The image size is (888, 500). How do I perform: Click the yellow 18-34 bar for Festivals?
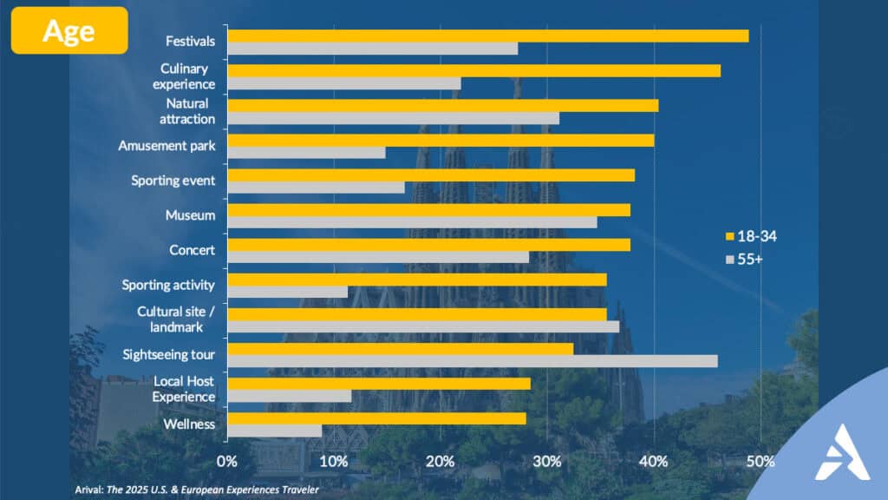(x=487, y=36)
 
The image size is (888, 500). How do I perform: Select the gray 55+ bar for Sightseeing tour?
(x=473, y=361)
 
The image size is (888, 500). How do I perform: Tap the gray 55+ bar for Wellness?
(x=275, y=431)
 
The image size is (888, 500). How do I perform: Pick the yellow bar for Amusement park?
(x=441, y=140)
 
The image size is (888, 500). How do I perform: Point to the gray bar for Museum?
(x=413, y=222)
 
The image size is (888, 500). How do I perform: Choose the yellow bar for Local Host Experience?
(x=379, y=383)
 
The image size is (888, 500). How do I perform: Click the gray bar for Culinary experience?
(x=344, y=83)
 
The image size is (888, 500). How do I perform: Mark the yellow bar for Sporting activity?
(x=417, y=279)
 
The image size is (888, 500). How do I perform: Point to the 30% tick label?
(x=546, y=461)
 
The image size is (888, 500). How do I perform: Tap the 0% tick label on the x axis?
(x=227, y=461)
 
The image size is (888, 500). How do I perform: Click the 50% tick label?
(x=761, y=461)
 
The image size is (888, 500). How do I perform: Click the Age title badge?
(x=69, y=30)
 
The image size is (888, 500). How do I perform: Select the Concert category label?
(x=192, y=250)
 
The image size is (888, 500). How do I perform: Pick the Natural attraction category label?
(x=186, y=111)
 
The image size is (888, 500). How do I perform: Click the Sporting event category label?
(x=173, y=181)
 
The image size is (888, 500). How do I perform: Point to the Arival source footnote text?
(x=195, y=490)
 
